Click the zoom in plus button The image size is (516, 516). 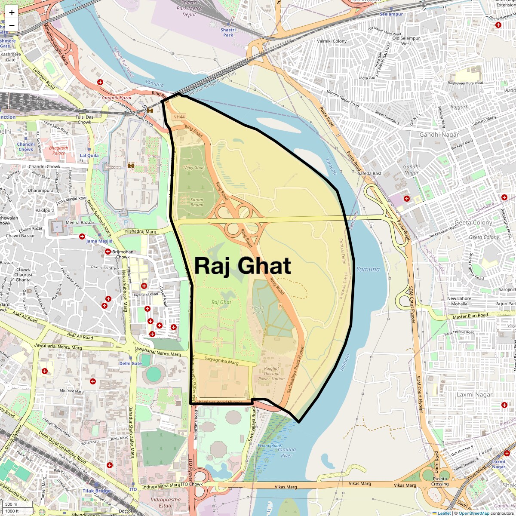click(x=12, y=12)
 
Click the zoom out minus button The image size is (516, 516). click(x=12, y=25)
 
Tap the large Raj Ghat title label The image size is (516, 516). click(x=243, y=266)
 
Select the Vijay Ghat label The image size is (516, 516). click(x=194, y=168)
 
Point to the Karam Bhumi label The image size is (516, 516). click(x=197, y=202)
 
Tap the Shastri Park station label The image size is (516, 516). click(x=228, y=32)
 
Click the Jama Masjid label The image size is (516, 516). click(x=99, y=241)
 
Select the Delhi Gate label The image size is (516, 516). click(x=130, y=363)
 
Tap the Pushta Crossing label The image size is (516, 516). click(x=440, y=481)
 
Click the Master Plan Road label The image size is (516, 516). click(x=470, y=316)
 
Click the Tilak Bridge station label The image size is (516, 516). click(x=97, y=491)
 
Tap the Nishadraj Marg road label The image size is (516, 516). click(x=141, y=231)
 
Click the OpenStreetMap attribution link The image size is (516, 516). click(x=473, y=513)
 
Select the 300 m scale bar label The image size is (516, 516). click(x=12, y=504)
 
